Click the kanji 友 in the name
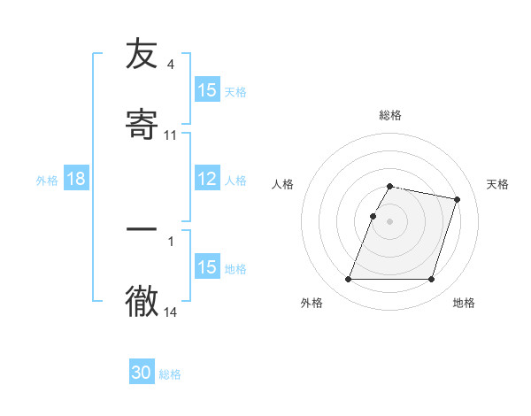point(141,54)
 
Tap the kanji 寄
point(141,121)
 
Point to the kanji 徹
point(141,299)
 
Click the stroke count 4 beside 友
point(171,65)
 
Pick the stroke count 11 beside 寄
point(171,135)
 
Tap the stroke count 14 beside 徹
point(171,312)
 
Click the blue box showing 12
point(207,179)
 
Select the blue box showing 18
point(76,179)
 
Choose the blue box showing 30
point(142,373)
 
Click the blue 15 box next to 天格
point(207,90)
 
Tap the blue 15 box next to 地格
point(207,267)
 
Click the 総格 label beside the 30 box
point(170,374)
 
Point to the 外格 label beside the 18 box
point(47,180)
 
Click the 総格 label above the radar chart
point(390,115)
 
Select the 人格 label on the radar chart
point(283,184)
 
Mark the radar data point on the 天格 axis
point(458,200)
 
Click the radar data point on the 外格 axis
point(349,280)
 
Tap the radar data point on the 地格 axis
point(431,280)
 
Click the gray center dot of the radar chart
point(390,220)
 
